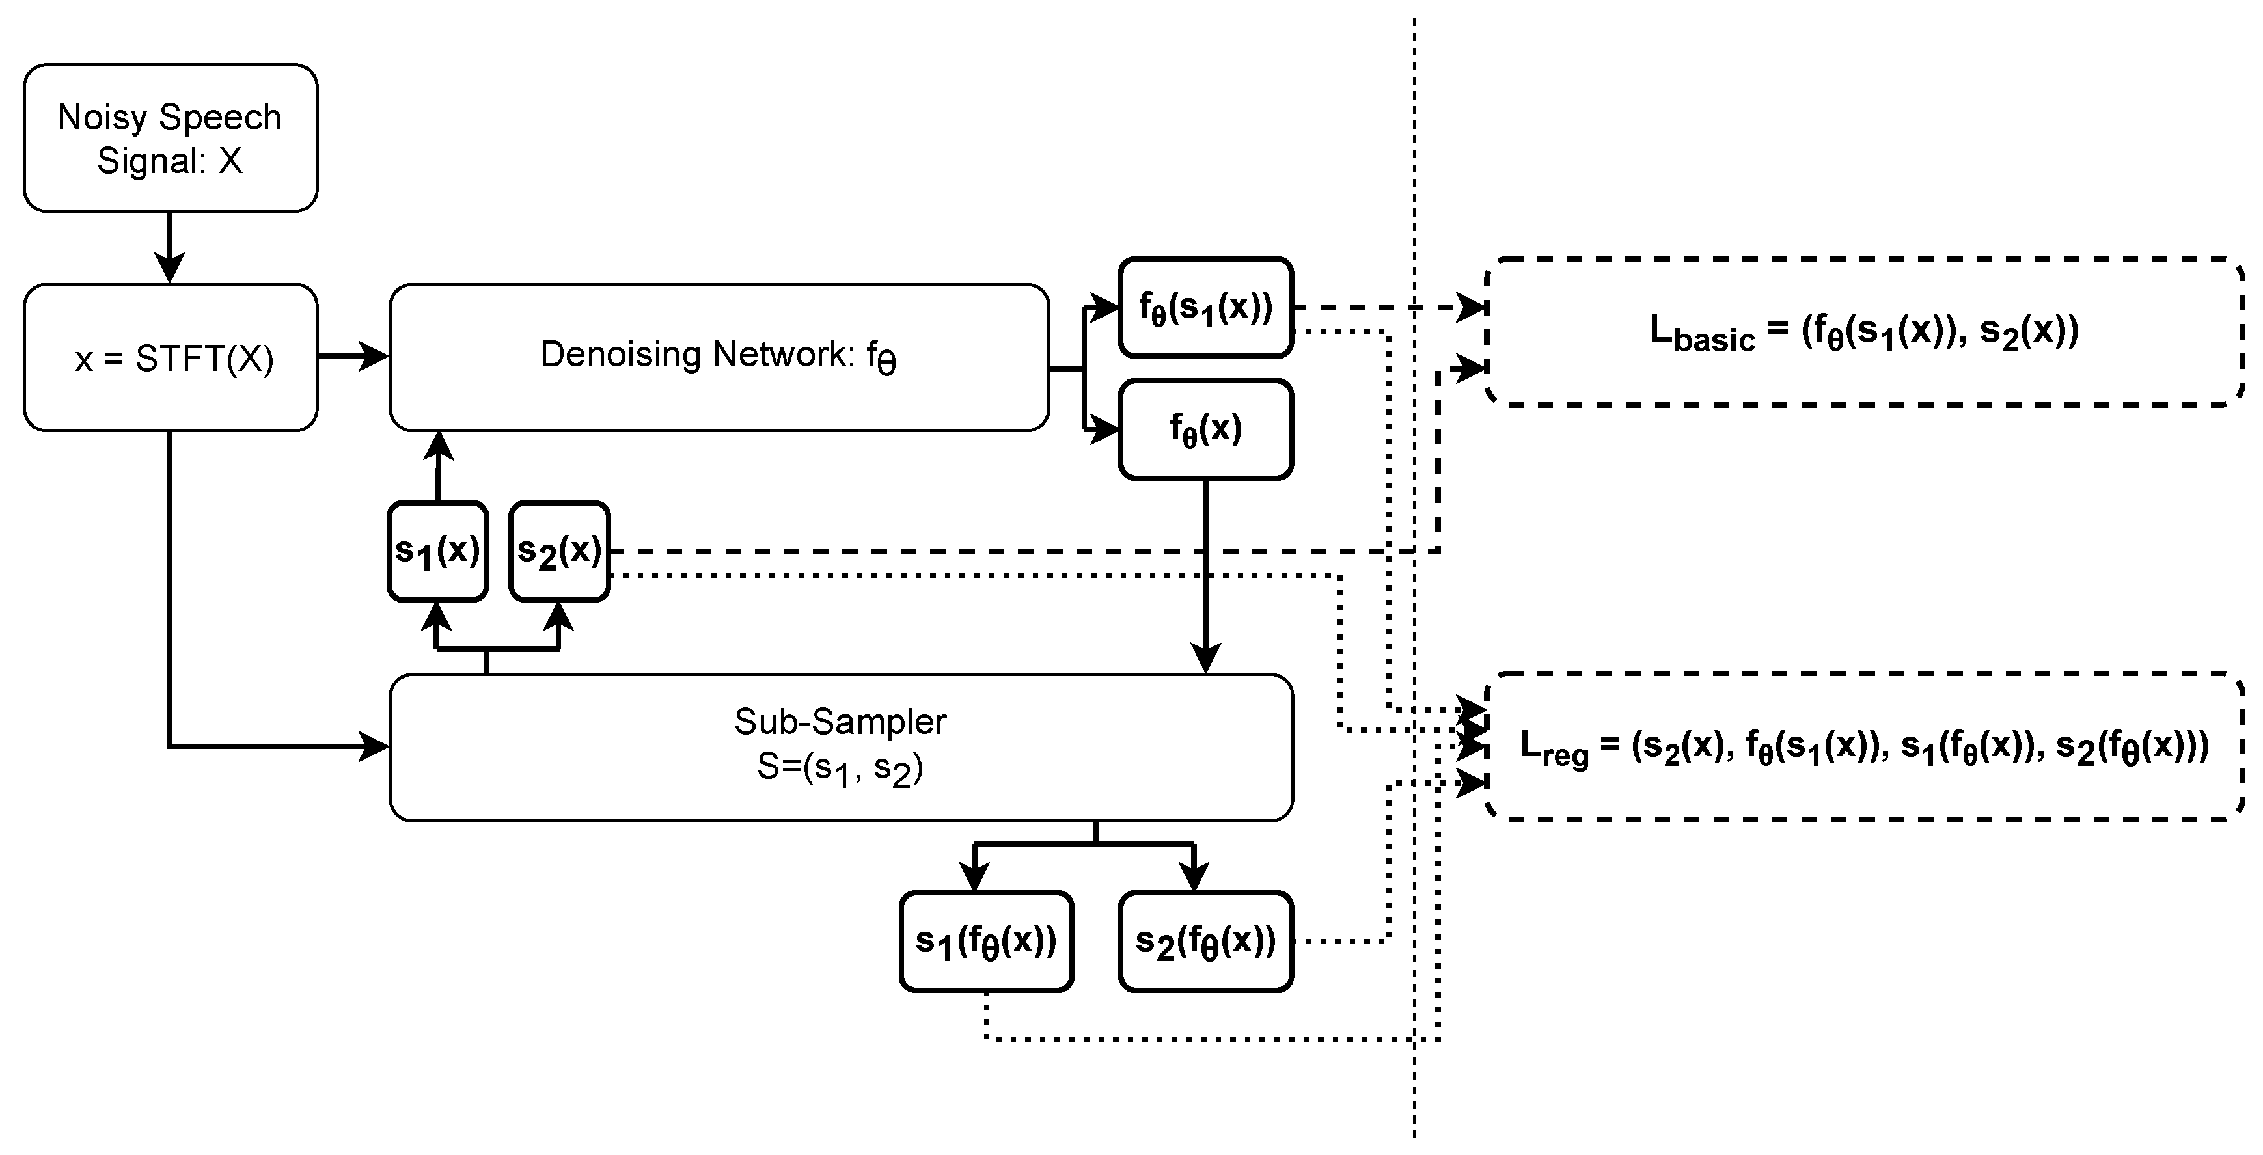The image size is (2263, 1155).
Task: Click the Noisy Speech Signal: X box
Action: tap(170, 138)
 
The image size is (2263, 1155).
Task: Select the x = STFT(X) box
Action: tap(170, 357)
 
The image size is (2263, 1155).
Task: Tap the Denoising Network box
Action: tap(718, 357)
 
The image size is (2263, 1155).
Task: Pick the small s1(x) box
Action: tap(437, 550)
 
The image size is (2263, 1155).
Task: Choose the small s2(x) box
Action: tap(560, 550)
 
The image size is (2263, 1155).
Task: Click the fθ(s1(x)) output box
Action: tap(1205, 307)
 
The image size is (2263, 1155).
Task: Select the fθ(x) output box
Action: tap(1205, 429)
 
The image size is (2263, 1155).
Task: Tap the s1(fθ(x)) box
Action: tap(985, 942)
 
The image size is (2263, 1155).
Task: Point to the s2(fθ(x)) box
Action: tap(1205, 942)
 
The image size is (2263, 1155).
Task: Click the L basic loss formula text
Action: tap(1864, 332)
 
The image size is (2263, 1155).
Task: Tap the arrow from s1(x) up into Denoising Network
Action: tap(439, 465)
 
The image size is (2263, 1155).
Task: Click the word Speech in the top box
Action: tap(219, 117)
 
